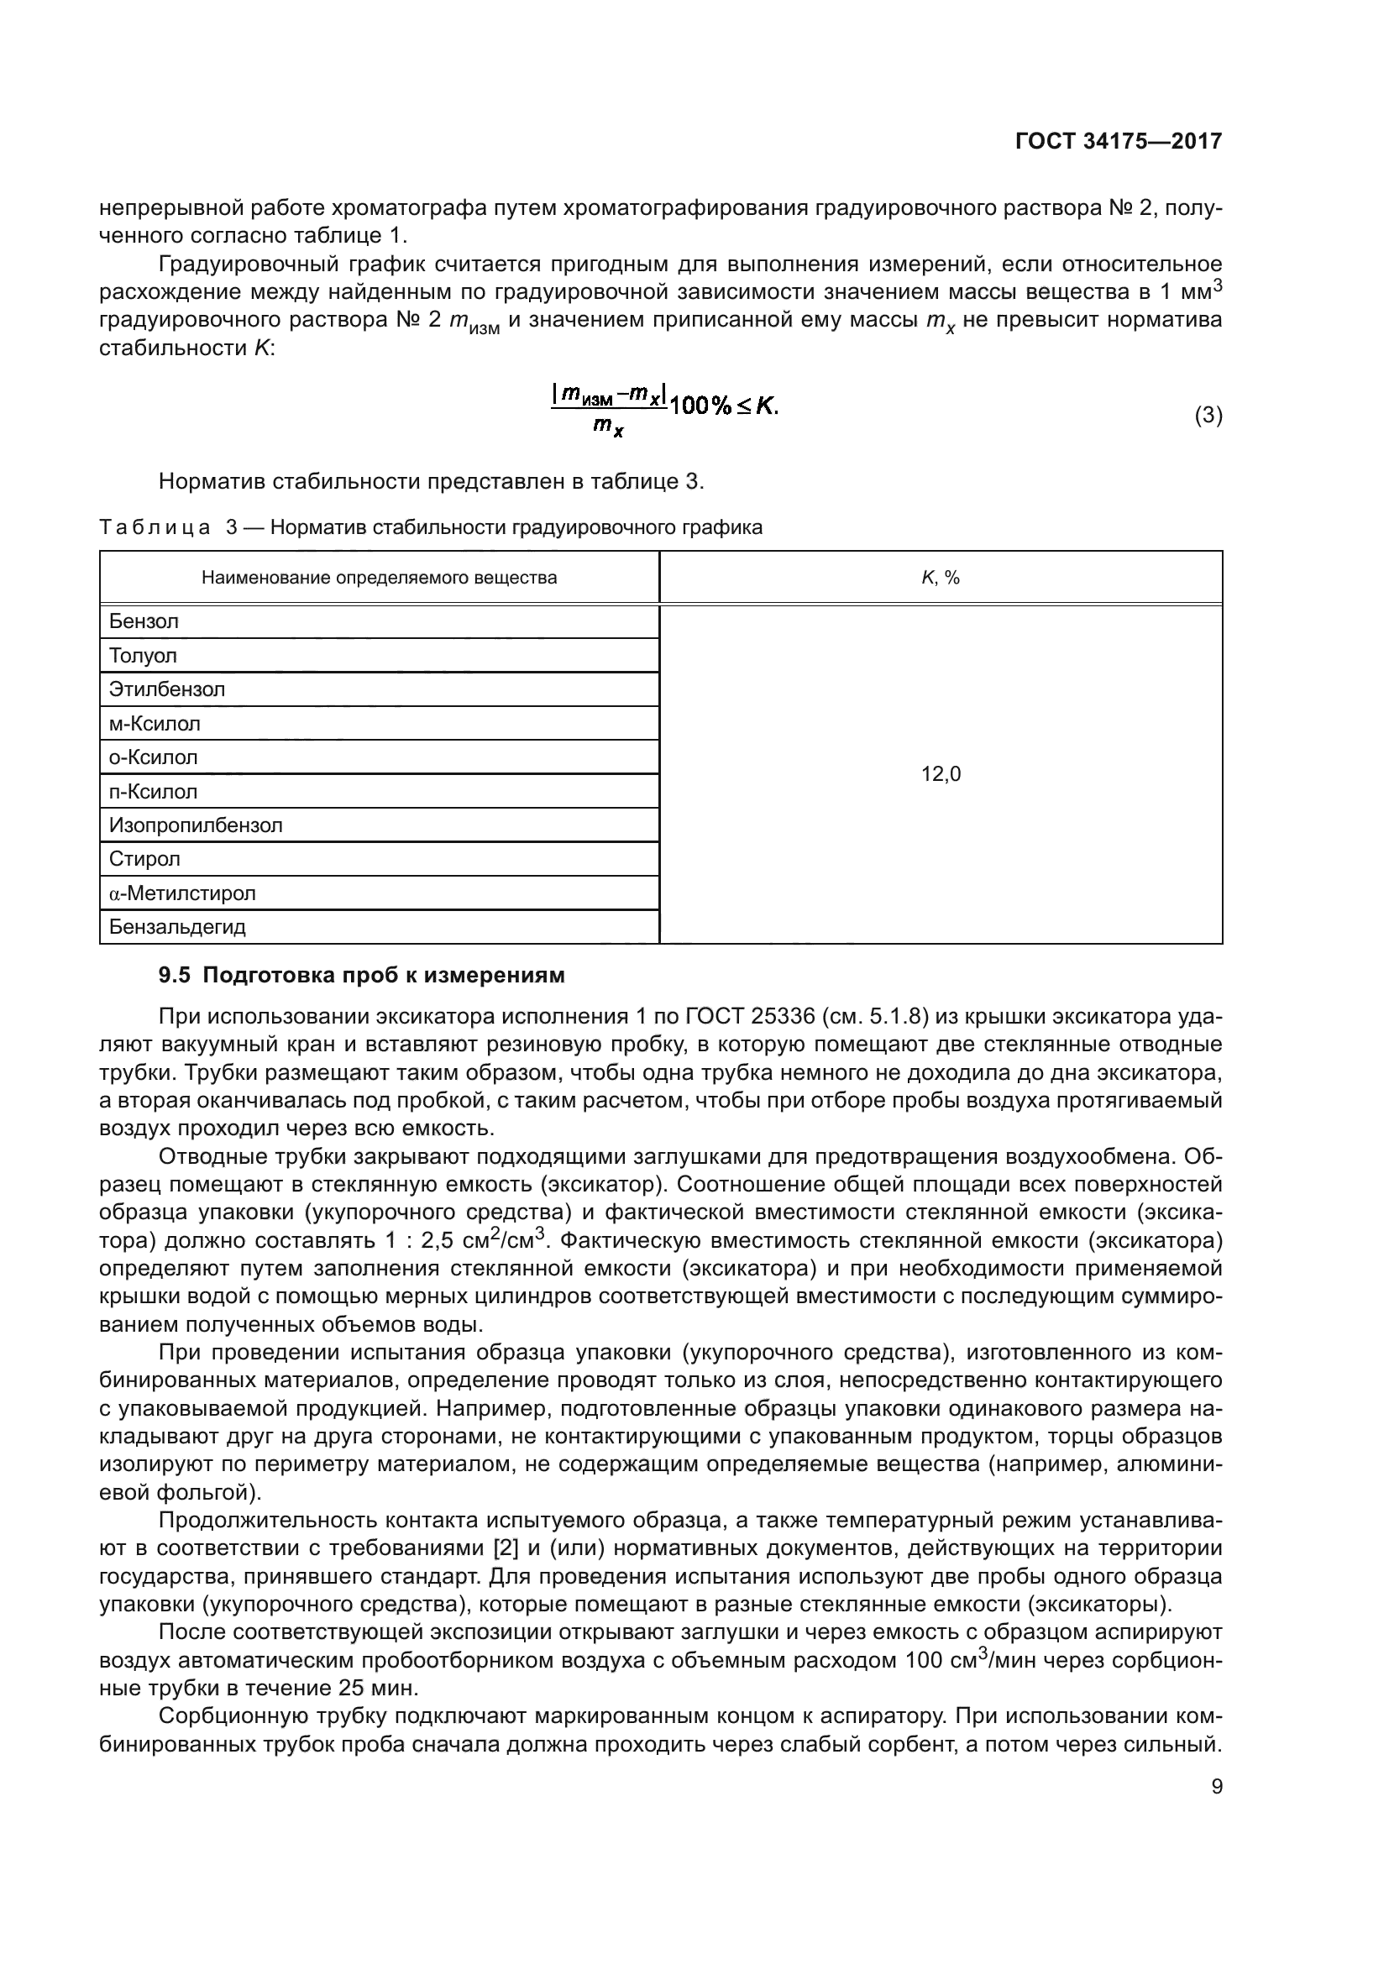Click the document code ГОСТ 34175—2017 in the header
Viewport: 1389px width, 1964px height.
tap(1118, 141)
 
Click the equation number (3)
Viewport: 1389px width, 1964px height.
tap(1208, 416)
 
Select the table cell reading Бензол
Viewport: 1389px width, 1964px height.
tap(379, 622)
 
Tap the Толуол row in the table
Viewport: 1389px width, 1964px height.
tap(379, 656)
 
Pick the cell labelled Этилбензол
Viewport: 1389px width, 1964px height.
tap(379, 689)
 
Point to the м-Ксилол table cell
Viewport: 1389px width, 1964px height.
tap(379, 724)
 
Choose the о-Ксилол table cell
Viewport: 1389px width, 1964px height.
tap(379, 757)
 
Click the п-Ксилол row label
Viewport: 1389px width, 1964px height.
tap(379, 791)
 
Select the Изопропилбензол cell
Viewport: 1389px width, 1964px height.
tap(379, 825)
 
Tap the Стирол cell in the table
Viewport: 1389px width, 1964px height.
tap(379, 859)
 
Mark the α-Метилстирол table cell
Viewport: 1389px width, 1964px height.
tap(379, 893)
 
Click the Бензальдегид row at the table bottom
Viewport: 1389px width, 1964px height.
tap(379, 926)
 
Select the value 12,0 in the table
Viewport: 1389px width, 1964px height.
tap(940, 774)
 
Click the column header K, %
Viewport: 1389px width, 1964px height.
tap(940, 578)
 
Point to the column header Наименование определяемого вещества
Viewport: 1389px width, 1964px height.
tap(379, 578)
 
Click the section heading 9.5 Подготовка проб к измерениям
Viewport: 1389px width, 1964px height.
tap(362, 975)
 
